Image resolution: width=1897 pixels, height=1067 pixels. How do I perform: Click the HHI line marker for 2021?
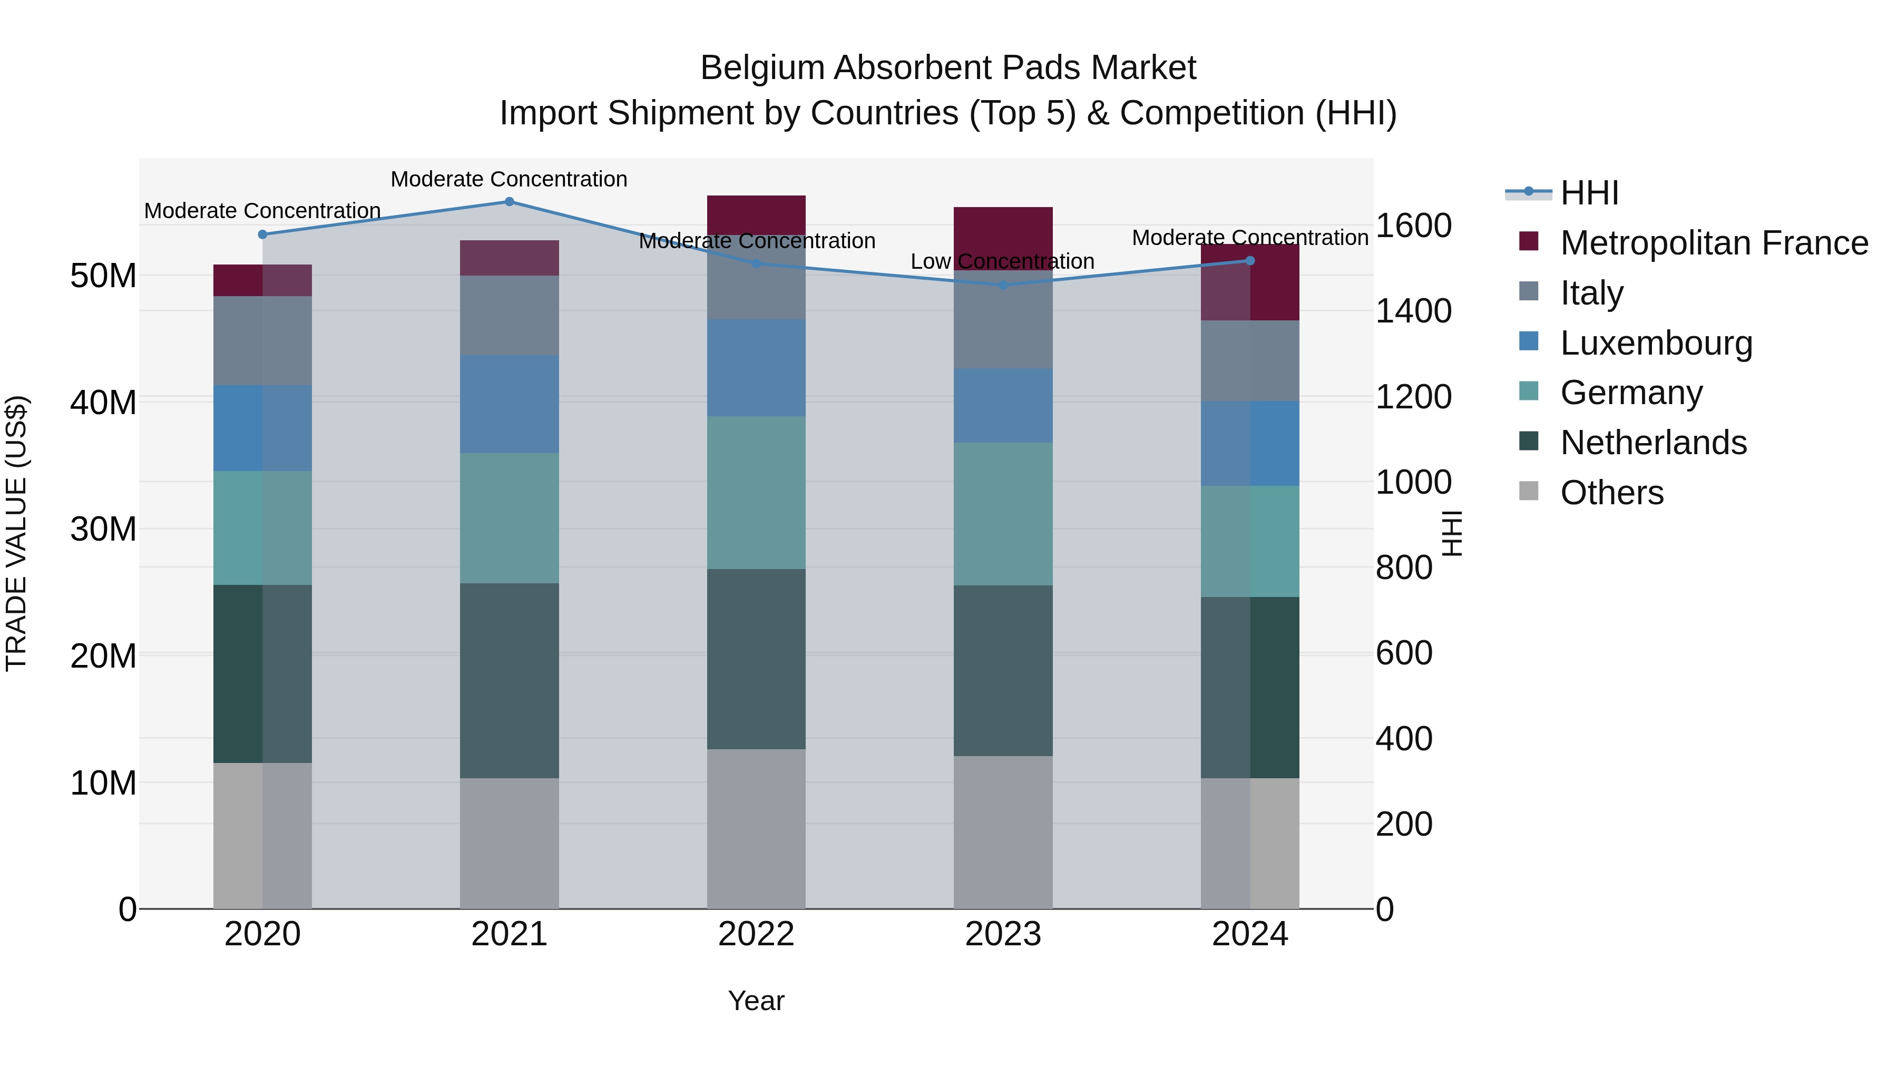(509, 202)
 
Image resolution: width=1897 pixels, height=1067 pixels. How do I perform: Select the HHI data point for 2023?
(1003, 285)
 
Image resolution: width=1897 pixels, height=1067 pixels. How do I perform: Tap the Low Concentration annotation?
(1002, 261)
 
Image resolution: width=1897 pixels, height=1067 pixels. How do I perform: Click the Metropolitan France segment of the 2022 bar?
(756, 214)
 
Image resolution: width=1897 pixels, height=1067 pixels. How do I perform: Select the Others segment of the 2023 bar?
(1003, 832)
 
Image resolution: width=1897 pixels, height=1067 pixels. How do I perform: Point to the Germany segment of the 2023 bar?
(1003, 514)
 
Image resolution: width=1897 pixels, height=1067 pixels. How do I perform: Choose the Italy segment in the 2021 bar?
(509, 315)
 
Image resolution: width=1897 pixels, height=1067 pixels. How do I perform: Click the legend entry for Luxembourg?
(1656, 343)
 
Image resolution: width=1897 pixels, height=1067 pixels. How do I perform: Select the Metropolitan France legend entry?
(1714, 243)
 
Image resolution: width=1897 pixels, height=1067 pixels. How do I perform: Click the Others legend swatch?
(1529, 491)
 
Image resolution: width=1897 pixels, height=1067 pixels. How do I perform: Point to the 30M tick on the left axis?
(103, 528)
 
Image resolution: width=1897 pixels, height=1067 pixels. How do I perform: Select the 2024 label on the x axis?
(1250, 934)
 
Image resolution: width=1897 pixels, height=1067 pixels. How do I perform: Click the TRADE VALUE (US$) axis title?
(16, 533)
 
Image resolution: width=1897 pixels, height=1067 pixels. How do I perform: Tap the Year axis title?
(756, 1001)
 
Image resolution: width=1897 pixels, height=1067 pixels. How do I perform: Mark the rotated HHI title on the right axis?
(1452, 533)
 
